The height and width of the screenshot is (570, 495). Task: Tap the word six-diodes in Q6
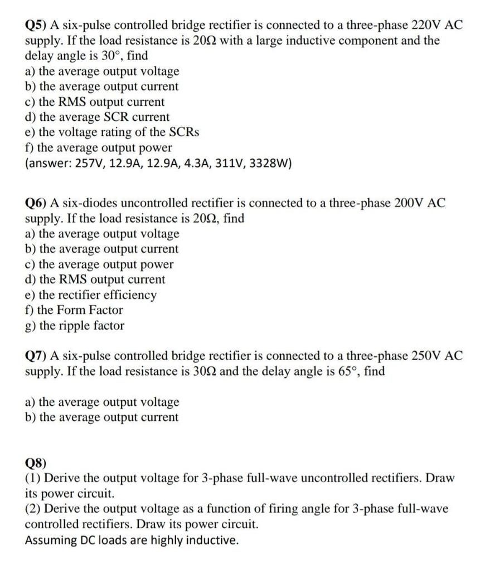tap(86, 203)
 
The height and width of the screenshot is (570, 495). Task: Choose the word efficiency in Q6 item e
tap(126, 295)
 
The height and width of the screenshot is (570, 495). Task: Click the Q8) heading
tap(36, 463)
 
